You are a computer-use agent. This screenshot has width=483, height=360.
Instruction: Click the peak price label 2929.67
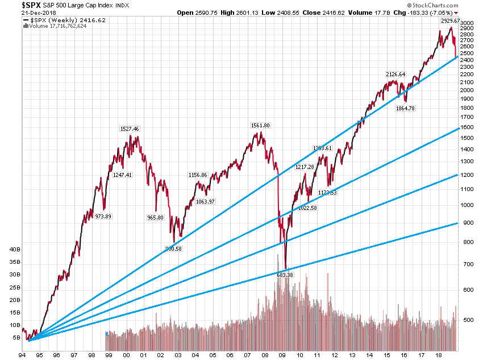(x=449, y=21)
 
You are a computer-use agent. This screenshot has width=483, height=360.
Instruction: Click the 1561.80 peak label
(x=260, y=125)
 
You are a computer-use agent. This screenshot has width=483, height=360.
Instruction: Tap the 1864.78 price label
(x=407, y=109)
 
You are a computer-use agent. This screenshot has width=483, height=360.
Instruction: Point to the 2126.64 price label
(x=395, y=74)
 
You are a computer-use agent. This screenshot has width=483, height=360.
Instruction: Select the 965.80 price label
(x=155, y=218)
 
